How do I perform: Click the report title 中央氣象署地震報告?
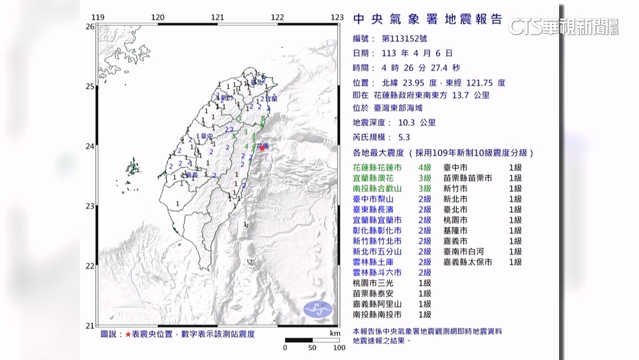427,19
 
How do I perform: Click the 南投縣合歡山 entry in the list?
377,189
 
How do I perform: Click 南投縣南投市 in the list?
377,315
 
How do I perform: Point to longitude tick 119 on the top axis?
97,17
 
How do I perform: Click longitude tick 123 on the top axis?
337,17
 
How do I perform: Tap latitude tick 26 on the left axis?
90,26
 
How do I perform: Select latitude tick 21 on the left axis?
90,325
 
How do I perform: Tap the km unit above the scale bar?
335,333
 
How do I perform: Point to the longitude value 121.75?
482,82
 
